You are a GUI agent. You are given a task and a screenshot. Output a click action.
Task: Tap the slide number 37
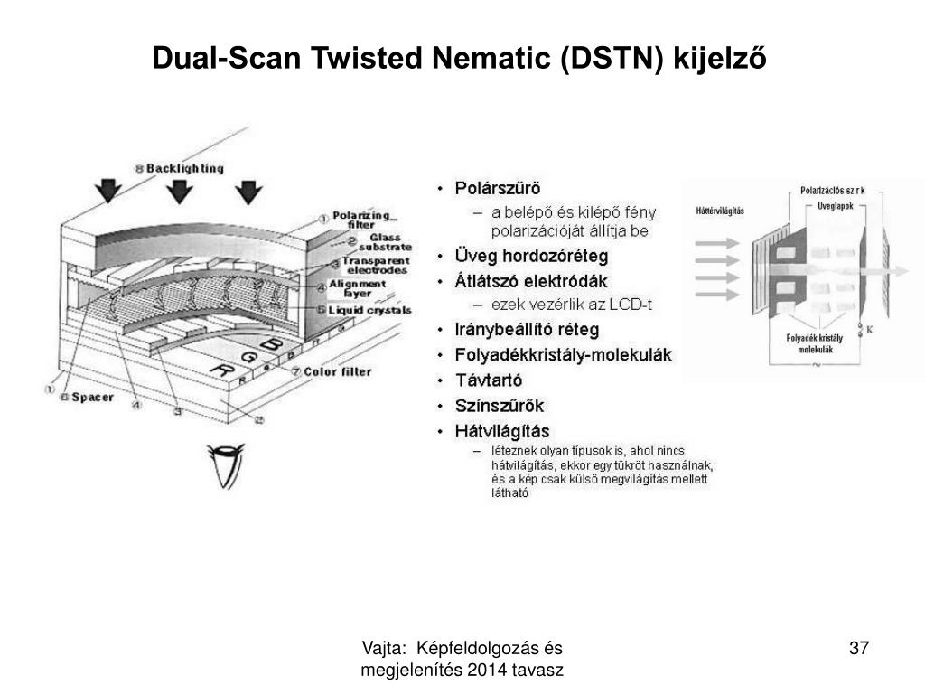coord(858,648)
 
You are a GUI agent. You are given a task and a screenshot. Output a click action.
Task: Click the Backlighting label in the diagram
coord(184,168)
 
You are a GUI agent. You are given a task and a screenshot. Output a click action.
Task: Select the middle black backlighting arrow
coord(181,191)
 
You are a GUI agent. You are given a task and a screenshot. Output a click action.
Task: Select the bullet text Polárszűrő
coord(498,189)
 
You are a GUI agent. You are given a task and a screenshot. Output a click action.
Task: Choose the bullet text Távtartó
coord(489,380)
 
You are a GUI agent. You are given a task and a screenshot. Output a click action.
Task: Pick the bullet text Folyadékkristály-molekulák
coord(564,355)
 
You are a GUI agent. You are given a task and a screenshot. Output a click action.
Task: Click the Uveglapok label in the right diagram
coord(834,206)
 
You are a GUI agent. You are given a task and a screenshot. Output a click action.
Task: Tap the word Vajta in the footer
coord(382,648)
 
